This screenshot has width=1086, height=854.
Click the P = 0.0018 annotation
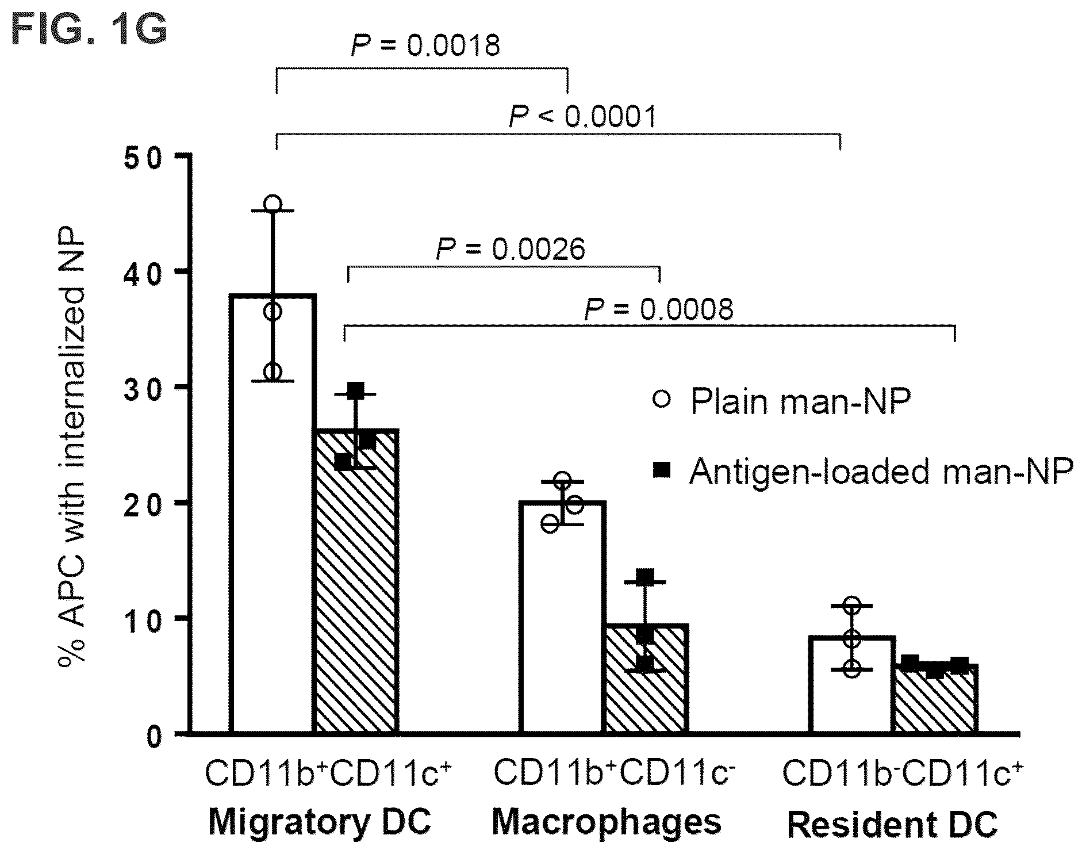tap(425, 45)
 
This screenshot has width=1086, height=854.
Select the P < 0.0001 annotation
tap(583, 116)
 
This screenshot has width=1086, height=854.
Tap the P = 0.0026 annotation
tap(511, 249)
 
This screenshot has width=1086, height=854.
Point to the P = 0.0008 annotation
tap(659, 309)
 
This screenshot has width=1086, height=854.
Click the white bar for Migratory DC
tap(273, 514)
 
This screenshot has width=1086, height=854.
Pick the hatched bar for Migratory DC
tap(355, 581)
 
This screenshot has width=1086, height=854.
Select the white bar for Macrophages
tap(562, 618)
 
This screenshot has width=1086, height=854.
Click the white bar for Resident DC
tap(852, 685)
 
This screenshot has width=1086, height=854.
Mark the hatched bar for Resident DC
tap(935, 699)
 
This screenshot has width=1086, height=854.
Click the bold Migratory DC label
tap(320, 822)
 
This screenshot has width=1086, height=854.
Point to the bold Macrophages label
tap(607, 822)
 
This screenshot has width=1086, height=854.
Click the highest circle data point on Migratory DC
tap(273, 204)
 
